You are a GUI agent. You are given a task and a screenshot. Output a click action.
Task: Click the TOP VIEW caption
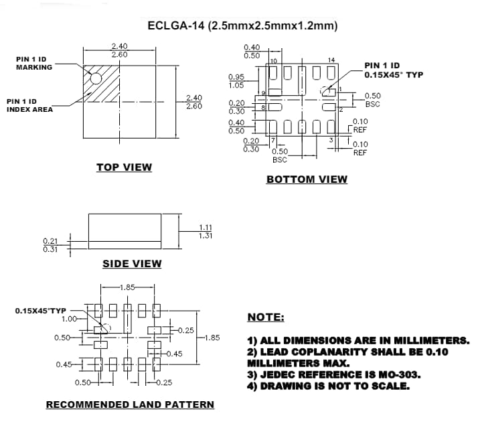click(x=124, y=167)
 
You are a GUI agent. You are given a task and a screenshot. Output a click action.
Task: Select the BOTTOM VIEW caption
click(x=307, y=179)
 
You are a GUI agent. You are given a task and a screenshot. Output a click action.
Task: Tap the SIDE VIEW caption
click(x=132, y=264)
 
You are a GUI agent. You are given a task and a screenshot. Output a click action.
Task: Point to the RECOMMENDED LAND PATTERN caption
click(x=130, y=405)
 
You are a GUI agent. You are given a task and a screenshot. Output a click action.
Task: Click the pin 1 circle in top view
click(x=96, y=78)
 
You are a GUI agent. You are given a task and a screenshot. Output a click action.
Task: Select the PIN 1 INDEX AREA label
click(x=29, y=105)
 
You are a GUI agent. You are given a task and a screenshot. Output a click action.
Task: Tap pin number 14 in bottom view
click(x=331, y=61)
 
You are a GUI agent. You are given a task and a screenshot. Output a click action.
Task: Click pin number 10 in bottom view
click(x=273, y=61)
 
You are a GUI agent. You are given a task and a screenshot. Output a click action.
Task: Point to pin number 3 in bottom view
click(x=330, y=139)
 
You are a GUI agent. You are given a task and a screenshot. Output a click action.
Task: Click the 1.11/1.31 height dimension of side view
click(x=206, y=231)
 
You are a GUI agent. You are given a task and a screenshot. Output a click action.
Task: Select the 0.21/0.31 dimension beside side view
click(x=50, y=244)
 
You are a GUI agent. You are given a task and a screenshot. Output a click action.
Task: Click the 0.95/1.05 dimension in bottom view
click(x=236, y=81)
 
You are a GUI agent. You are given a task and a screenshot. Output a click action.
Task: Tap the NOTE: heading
click(x=266, y=317)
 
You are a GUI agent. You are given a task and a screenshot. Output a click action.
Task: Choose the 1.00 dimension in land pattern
click(x=69, y=319)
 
